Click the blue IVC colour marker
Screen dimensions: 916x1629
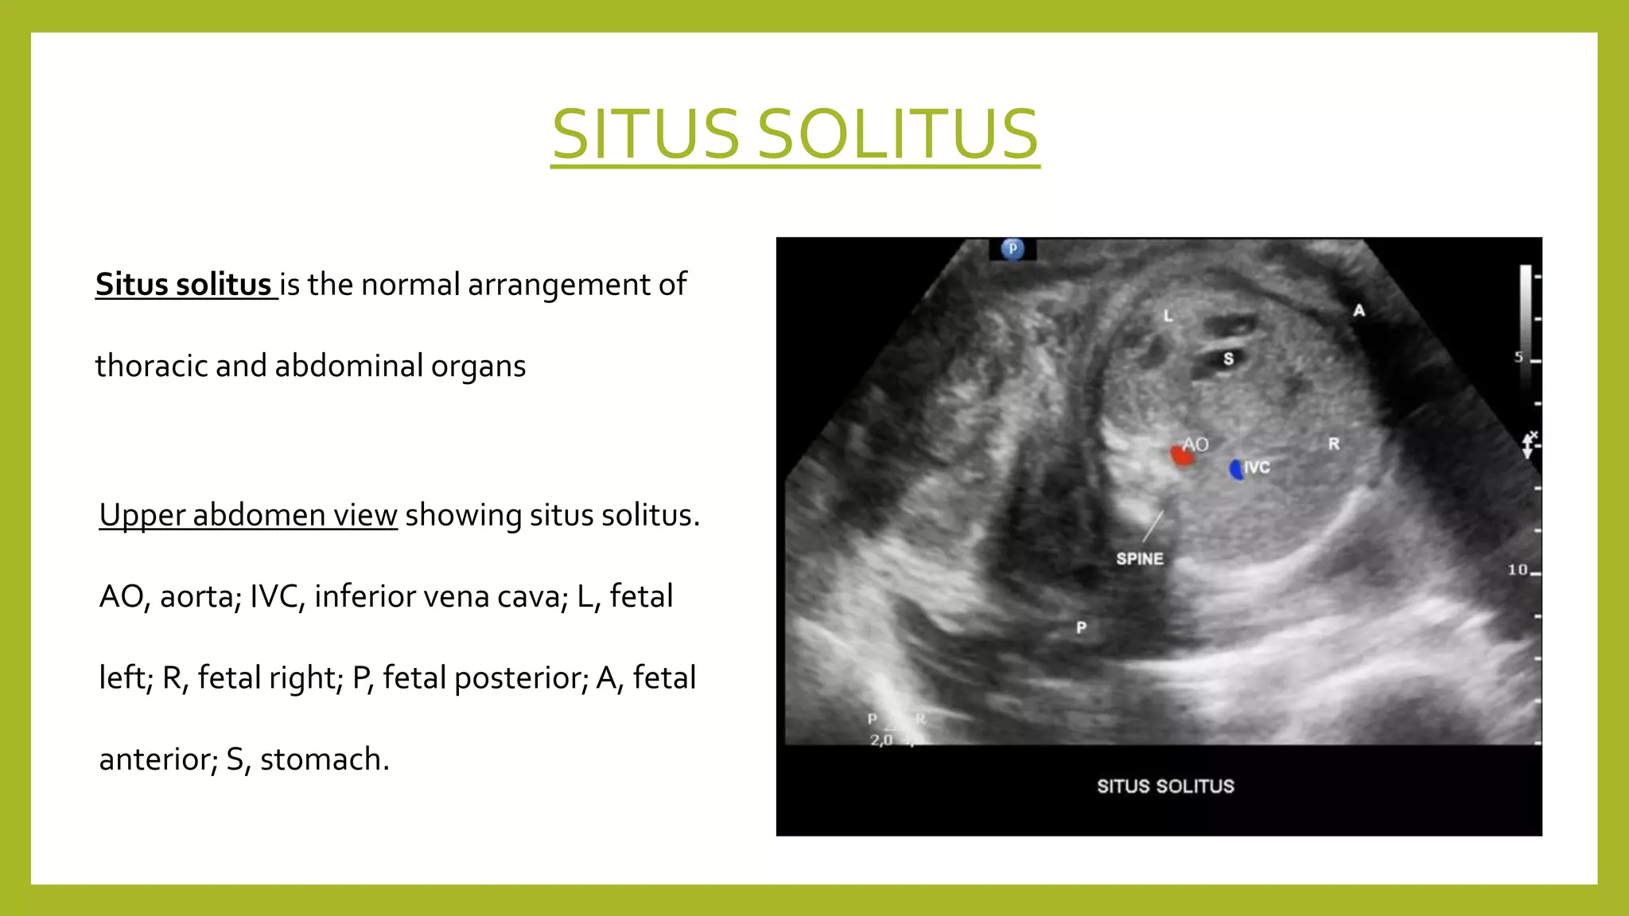(1236, 469)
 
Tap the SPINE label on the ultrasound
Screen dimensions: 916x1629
(1139, 559)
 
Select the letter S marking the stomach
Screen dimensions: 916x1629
(1228, 359)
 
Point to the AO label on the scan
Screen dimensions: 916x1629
(1196, 444)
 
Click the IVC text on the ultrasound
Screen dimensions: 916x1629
(1258, 468)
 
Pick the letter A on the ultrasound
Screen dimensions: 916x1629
(1359, 311)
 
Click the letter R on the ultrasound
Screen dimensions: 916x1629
(1334, 444)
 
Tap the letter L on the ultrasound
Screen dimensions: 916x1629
(1168, 316)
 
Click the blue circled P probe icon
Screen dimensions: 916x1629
(1012, 249)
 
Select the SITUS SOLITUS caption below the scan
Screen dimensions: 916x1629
(1165, 786)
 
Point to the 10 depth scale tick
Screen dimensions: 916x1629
(1518, 570)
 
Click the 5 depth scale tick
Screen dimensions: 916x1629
(1518, 357)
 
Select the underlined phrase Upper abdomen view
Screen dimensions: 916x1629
(248, 515)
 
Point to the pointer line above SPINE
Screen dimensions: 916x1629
(1153, 526)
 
